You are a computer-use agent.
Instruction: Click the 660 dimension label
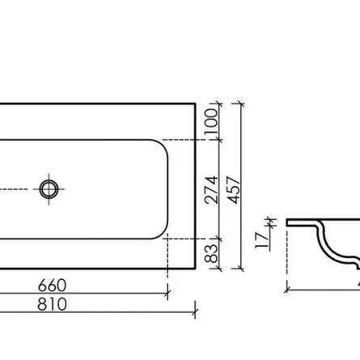(x=52, y=286)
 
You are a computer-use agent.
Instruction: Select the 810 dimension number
(x=52, y=304)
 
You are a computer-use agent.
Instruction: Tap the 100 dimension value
(x=211, y=121)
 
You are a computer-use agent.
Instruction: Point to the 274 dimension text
(x=211, y=190)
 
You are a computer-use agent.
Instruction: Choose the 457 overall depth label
(x=234, y=190)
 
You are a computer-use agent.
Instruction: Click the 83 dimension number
(x=211, y=253)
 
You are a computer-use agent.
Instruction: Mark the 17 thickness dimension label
(x=262, y=240)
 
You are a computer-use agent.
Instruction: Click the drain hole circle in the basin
(x=49, y=189)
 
